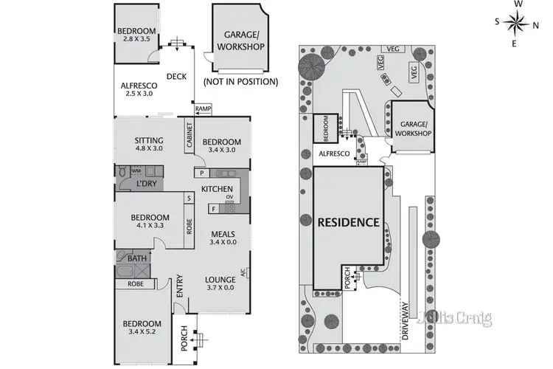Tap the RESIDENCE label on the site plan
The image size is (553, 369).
point(349,222)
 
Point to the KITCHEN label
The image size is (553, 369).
point(218,190)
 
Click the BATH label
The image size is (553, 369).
point(136,258)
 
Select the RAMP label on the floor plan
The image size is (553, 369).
point(203,109)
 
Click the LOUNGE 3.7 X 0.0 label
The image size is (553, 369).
point(220,283)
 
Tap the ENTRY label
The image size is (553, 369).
point(179,286)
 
